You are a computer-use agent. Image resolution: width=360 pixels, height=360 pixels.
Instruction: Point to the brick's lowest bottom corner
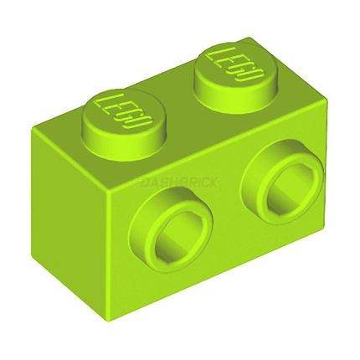[x=114, y=313]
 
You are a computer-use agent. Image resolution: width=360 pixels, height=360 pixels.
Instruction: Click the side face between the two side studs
[x=219, y=209]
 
